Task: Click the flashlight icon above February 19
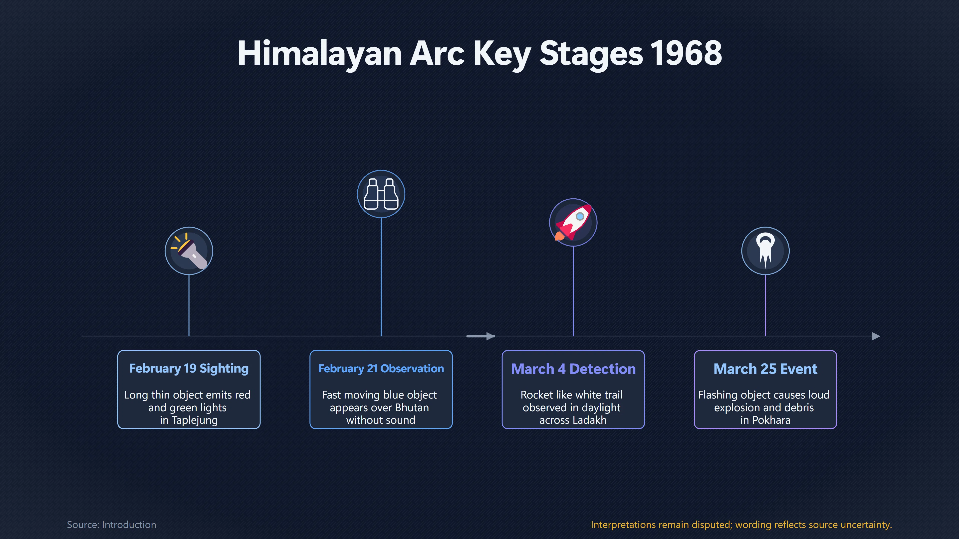pyautogui.click(x=189, y=251)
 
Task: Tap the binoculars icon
pyautogui.click(x=381, y=194)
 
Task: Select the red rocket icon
pyautogui.click(x=573, y=222)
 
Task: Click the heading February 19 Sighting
pyautogui.click(x=189, y=368)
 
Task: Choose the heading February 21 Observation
pyautogui.click(x=381, y=368)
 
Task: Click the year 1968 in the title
pyautogui.click(x=686, y=53)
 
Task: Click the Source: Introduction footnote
pyautogui.click(x=111, y=525)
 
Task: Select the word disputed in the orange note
pyautogui.click(x=712, y=525)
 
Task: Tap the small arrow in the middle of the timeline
pyautogui.click(x=480, y=336)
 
